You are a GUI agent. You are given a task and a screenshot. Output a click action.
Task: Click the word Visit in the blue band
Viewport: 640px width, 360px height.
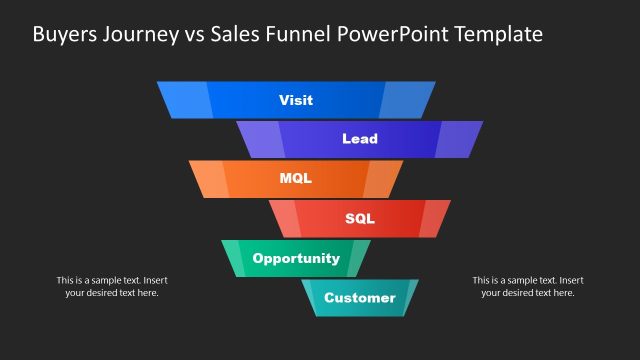pos(296,100)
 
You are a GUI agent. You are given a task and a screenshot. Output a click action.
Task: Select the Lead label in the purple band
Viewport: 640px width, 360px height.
pos(360,139)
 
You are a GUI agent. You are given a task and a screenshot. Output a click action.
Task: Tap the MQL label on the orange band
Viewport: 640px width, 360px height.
pos(296,179)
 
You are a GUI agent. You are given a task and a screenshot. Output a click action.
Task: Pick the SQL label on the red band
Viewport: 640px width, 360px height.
pos(360,218)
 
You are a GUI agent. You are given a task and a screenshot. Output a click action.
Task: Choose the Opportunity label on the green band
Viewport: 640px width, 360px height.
pos(296,258)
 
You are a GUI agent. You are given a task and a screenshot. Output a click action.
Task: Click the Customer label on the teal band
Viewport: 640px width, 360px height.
pos(360,297)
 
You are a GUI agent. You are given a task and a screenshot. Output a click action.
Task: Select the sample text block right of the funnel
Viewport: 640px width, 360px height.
pos(528,286)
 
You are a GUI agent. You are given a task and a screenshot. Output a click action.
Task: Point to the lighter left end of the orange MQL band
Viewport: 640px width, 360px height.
pos(209,179)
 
